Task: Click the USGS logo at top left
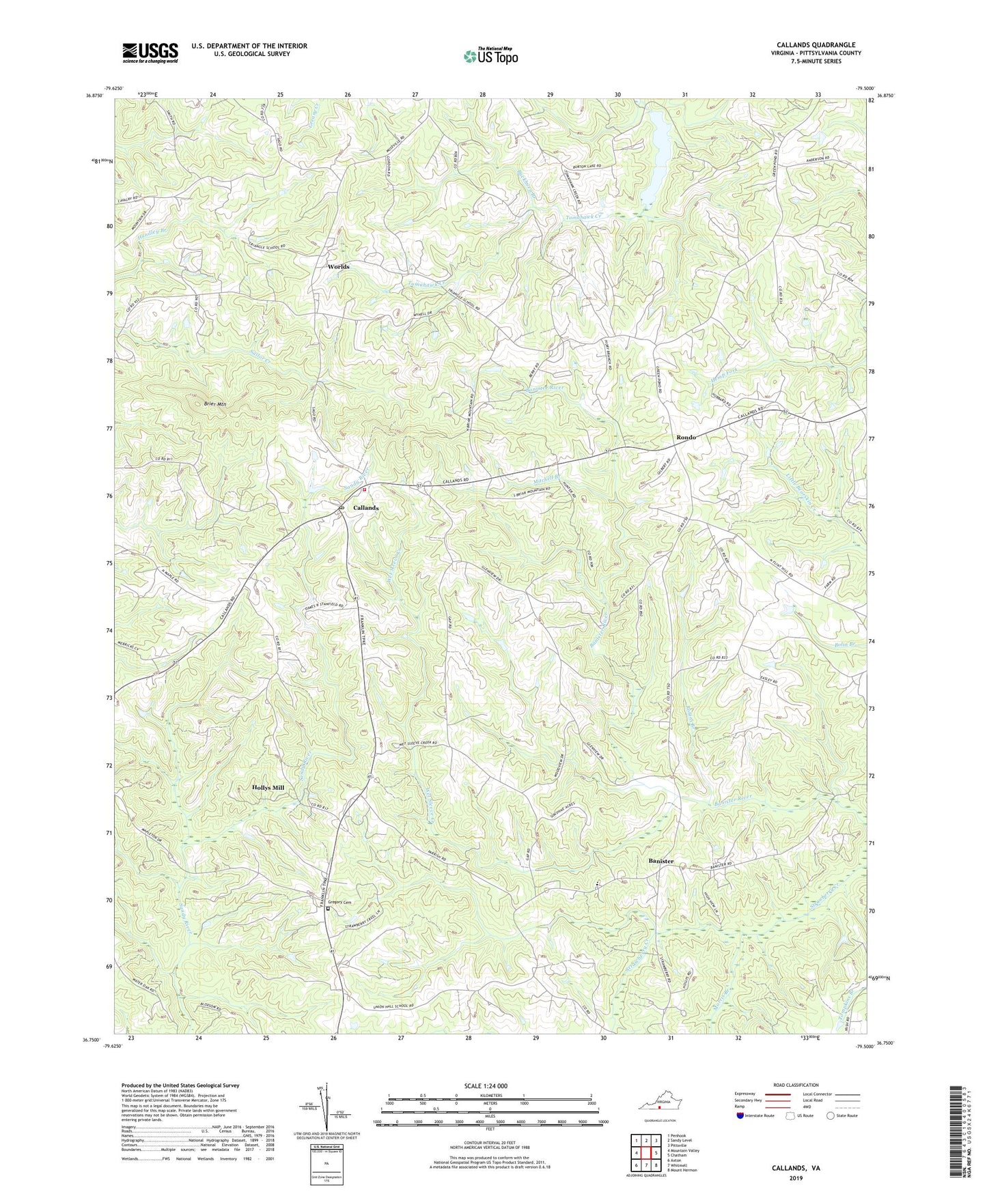[x=150, y=53]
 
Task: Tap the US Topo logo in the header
[x=490, y=56]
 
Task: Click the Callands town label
[x=365, y=508]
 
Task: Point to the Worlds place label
[x=338, y=267]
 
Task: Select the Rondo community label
[x=686, y=437]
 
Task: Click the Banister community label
[x=661, y=861]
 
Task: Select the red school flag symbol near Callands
[x=364, y=489]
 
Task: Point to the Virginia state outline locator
[x=659, y=1105]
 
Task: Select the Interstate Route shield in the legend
[x=740, y=1116]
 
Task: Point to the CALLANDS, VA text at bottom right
[x=796, y=1168]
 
